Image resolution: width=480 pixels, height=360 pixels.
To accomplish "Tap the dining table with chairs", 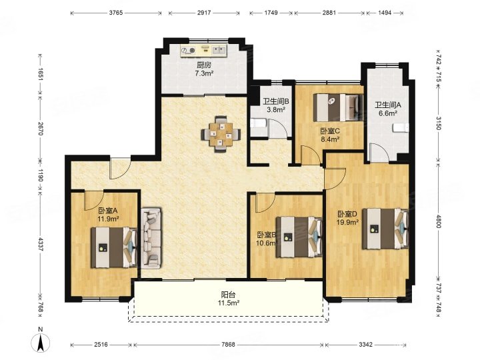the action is (x=221, y=135).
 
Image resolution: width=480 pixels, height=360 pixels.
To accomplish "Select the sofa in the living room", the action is (x=151, y=239).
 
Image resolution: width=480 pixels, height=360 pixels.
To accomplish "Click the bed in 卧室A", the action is (x=114, y=247).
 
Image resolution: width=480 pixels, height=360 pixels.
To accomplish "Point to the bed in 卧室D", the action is (x=385, y=229).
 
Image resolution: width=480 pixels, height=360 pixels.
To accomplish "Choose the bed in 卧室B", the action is (x=299, y=237).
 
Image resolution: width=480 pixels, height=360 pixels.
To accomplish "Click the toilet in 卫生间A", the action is (x=401, y=127).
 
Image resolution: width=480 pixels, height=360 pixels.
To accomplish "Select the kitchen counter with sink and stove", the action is (x=203, y=50).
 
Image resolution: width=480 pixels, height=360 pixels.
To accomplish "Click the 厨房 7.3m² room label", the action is (x=204, y=69).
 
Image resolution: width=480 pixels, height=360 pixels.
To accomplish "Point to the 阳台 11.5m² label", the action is (x=229, y=299).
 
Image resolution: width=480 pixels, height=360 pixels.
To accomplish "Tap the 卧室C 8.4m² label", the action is (x=330, y=135).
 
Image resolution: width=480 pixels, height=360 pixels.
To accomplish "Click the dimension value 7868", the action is (x=228, y=345).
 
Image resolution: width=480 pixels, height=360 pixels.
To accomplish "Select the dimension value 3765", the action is (x=116, y=13).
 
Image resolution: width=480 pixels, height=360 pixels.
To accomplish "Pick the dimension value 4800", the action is (x=438, y=221).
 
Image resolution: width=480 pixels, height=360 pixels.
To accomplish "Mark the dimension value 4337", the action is (x=41, y=244).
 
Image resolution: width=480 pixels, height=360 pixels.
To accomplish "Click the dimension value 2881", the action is (x=329, y=13).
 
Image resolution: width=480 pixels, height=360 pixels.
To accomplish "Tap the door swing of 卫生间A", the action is (x=379, y=153).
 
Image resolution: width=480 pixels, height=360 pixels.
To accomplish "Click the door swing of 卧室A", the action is (x=94, y=200).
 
